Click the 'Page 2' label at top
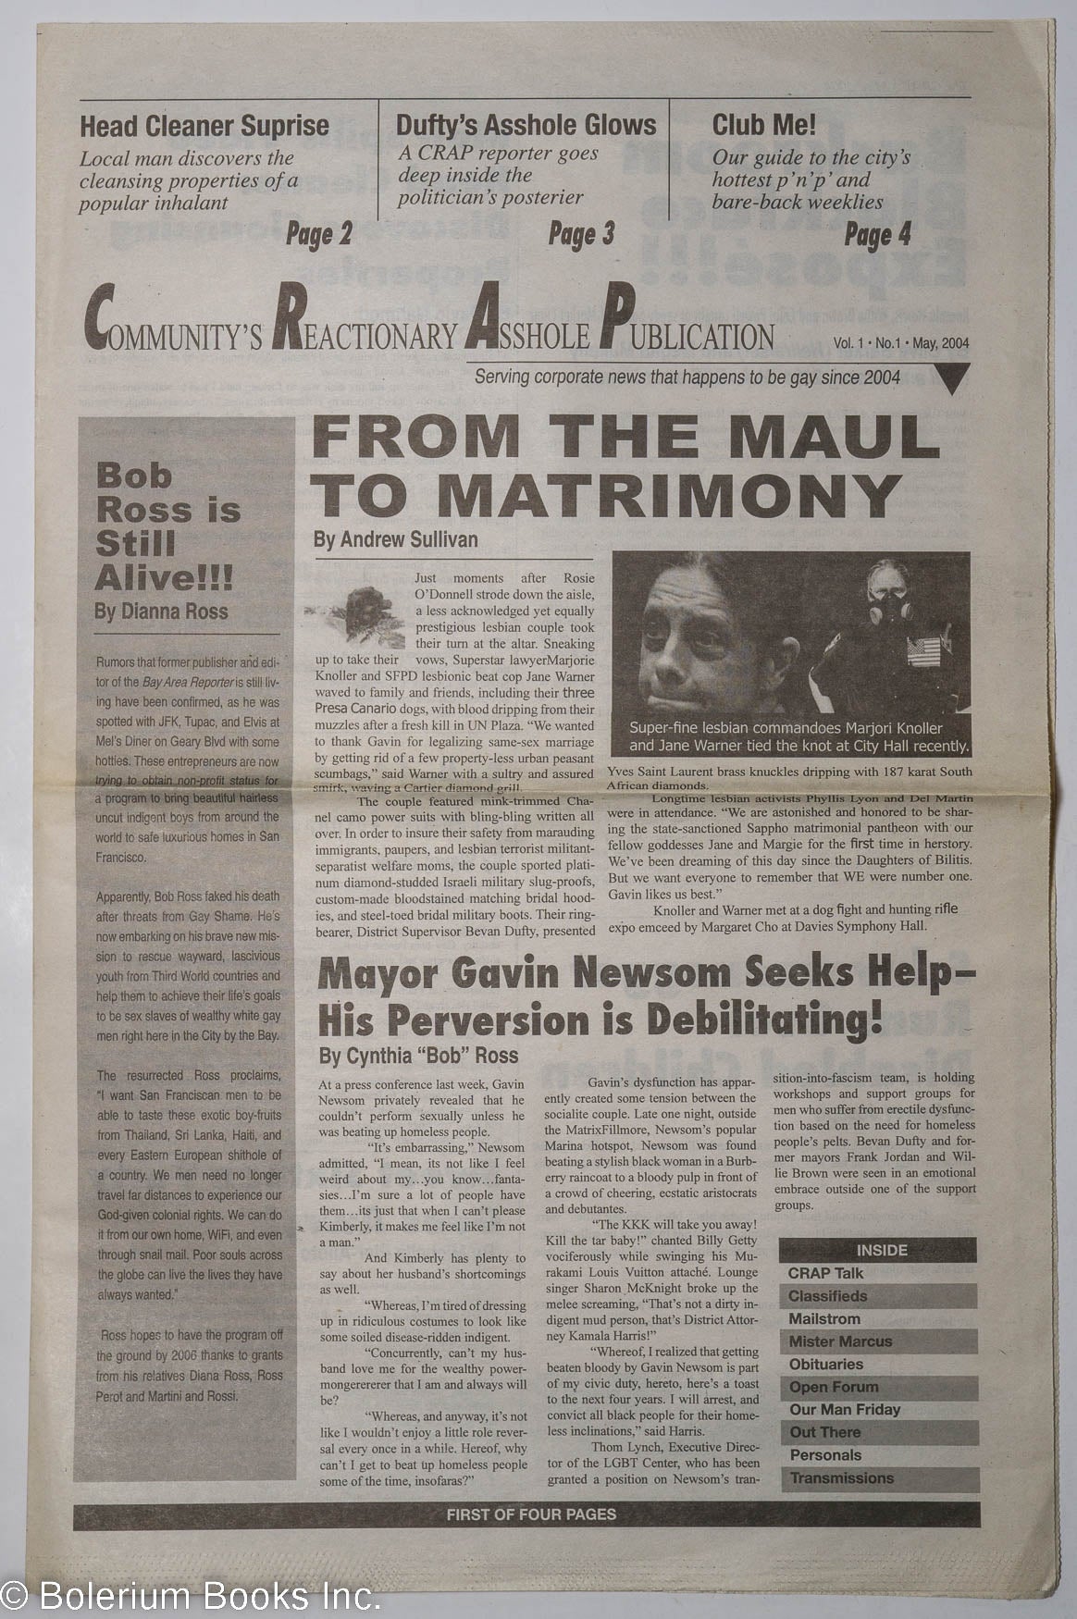click(x=318, y=235)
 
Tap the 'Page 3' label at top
click(x=581, y=235)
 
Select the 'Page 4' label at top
click(x=877, y=235)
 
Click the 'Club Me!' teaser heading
click(x=763, y=125)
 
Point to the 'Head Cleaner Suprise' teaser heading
click(x=204, y=126)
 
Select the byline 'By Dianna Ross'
click(x=161, y=612)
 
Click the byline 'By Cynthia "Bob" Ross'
click(x=417, y=1055)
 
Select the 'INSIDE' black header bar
click(x=880, y=1250)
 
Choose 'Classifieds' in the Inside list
click(x=828, y=1296)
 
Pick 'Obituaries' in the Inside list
click(x=825, y=1365)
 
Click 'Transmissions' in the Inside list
click(x=841, y=1477)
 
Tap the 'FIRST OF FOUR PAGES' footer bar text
click(x=530, y=1515)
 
